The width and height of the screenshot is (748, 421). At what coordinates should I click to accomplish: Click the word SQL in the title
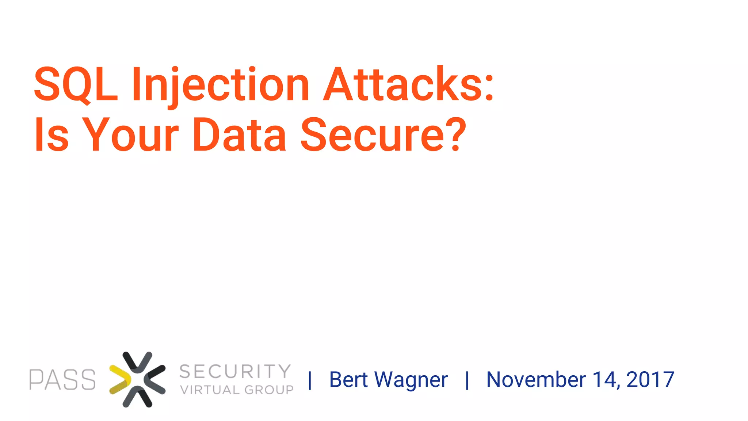[76, 84]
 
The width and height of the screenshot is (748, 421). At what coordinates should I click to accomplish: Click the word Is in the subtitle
[51, 134]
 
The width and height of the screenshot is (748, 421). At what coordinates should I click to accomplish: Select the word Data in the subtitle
[239, 134]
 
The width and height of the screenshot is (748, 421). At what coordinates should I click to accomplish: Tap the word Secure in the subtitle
[373, 134]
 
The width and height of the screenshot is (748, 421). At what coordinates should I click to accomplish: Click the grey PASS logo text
[62, 380]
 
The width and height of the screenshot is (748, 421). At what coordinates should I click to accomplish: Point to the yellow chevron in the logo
[120, 380]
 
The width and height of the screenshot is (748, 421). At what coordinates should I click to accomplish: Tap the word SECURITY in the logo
[235, 371]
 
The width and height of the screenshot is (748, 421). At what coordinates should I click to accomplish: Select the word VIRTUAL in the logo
[210, 390]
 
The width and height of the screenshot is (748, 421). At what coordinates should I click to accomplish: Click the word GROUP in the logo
[269, 390]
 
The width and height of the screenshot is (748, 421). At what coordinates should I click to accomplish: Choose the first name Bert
[348, 380]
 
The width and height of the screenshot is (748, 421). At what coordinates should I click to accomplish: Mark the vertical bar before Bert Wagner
[310, 380]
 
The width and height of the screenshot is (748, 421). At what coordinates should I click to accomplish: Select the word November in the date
[536, 380]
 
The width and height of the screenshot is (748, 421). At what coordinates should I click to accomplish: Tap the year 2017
[650, 380]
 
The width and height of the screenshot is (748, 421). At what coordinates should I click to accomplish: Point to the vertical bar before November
[467, 380]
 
